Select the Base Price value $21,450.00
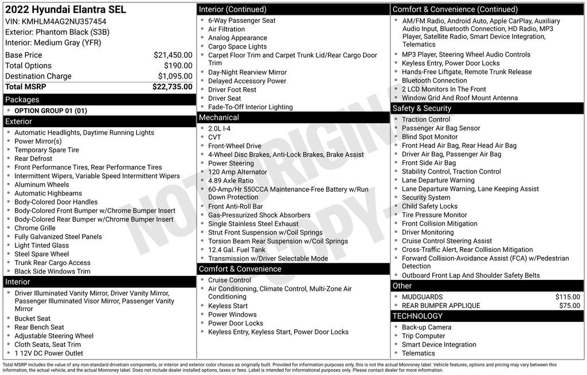[x=173, y=55]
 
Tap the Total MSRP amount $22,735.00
[x=172, y=86]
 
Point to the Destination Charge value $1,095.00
[x=175, y=76]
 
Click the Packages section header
[x=22, y=100]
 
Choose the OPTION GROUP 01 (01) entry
[x=50, y=110]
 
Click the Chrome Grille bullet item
[x=35, y=228]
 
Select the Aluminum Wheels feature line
[x=41, y=184]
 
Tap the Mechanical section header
[x=218, y=117]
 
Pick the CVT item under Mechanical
[x=215, y=137]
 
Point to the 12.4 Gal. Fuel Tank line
[x=237, y=250]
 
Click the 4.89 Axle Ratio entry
[x=230, y=180]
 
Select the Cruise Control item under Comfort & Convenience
[x=229, y=280]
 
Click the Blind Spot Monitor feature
[x=430, y=137]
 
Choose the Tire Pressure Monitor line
[x=434, y=215]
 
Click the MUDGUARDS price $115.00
[x=568, y=297]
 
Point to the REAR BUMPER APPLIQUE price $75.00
[x=569, y=306]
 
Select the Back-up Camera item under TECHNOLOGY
[x=426, y=327]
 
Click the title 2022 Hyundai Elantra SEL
[x=65, y=10]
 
